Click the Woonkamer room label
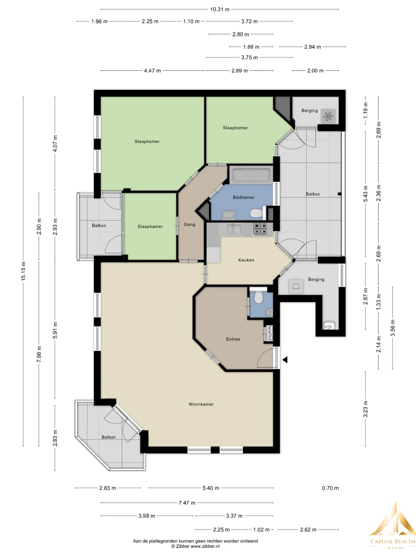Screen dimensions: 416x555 pyautogui.click(x=201, y=404)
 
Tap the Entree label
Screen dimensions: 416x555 pyautogui.click(x=233, y=339)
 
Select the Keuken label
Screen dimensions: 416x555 pyautogui.click(x=246, y=260)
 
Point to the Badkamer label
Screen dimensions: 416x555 pyautogui.click(x=244, y=198)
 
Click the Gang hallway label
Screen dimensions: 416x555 pyautogui.click(x=189, y=225)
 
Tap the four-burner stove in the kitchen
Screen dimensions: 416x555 pyautogui.click(x=260, y=229)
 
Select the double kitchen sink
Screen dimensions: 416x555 pyautogui.click(x=234, y=229)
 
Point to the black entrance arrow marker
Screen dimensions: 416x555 pyautogui.click(x=285, y=360)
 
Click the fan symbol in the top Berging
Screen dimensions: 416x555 pyautogui.click(x=328, y=116)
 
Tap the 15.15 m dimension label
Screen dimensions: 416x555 pyautogui.click(x=23, y=271)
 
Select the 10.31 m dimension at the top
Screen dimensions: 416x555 pyautogui.click(x=220, y=10)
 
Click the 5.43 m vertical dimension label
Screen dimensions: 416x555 pyautogui.click(x=366, y=193)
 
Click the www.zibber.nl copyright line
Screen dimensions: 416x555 pyautogui.click(x=196, y=546)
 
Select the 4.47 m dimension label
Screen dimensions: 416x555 pyautogui.click(x=152, y=71)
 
